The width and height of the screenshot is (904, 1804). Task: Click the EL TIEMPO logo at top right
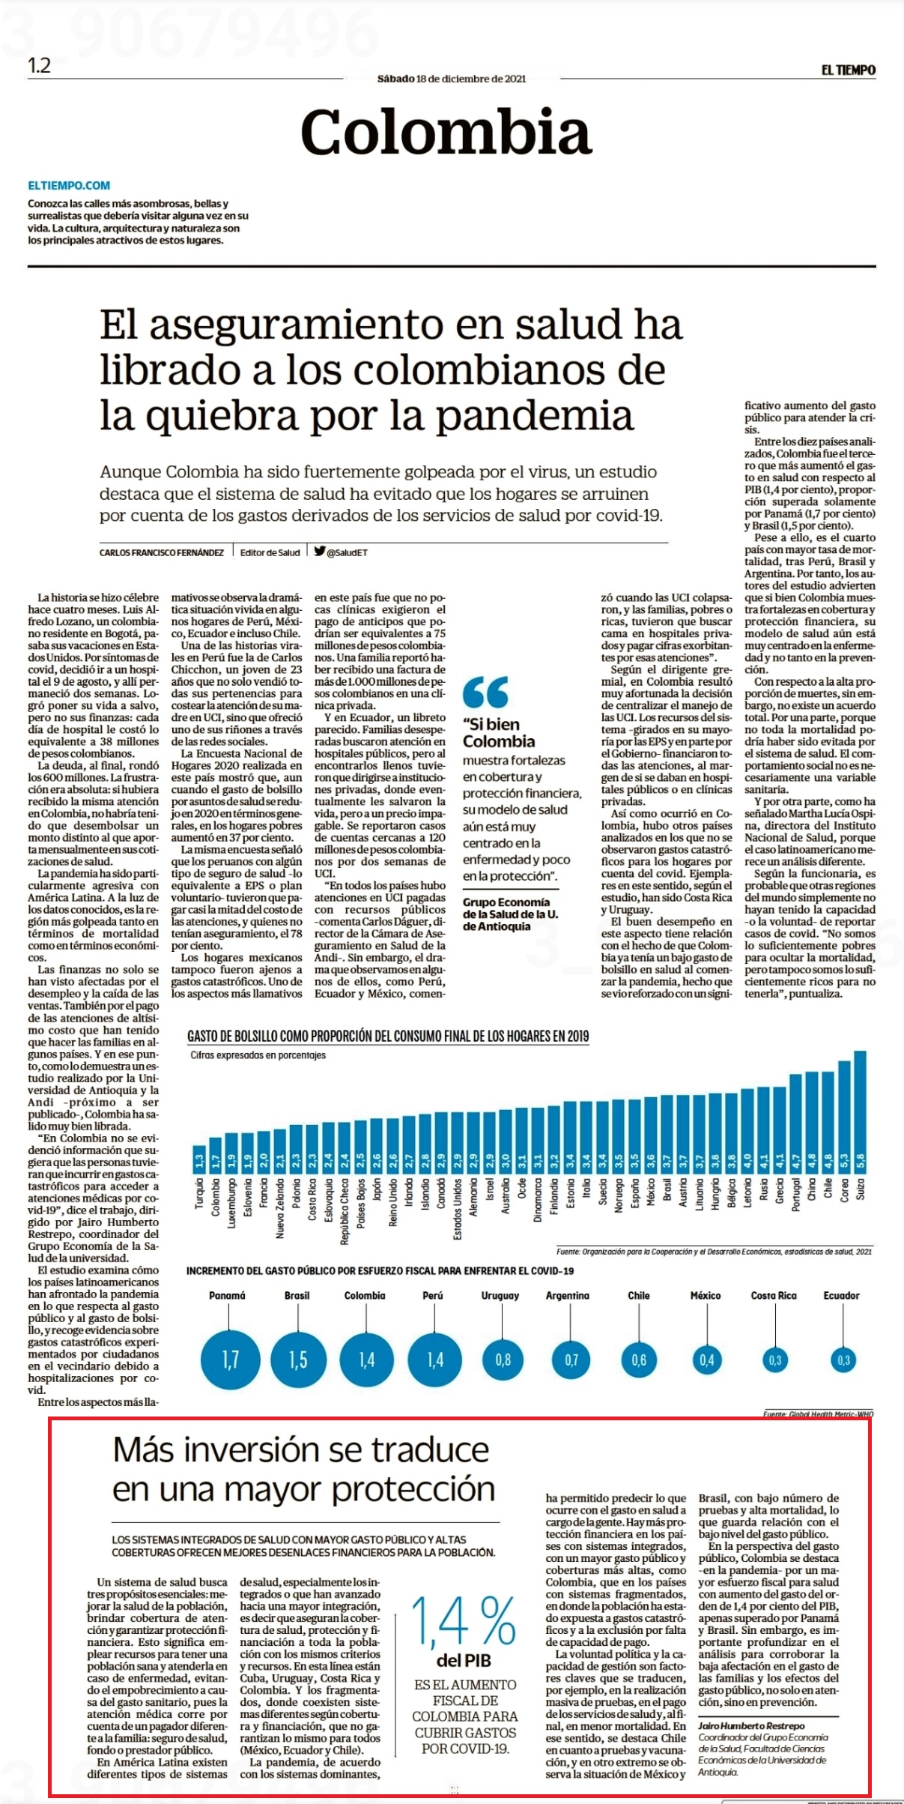click(848, 70)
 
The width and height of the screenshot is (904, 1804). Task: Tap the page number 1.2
click(39, 66)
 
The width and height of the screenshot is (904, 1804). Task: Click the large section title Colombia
click(446, 132)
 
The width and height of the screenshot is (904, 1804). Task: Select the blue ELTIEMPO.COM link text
click(69, 185)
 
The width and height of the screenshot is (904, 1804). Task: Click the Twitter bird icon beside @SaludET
click(320, 551)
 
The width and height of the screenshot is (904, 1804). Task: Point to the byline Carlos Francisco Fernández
click(162, 552)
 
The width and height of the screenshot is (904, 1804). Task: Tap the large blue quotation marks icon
click(485, 692)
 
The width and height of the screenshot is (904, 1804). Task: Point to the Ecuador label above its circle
click(842, 1295)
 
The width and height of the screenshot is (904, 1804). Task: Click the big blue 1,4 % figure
click(464, 1620)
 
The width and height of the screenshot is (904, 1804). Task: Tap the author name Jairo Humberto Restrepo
click(752, 1725)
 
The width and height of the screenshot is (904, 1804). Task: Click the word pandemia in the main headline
click(535, 416)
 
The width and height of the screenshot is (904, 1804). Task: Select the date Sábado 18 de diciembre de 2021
click(452, 79)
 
